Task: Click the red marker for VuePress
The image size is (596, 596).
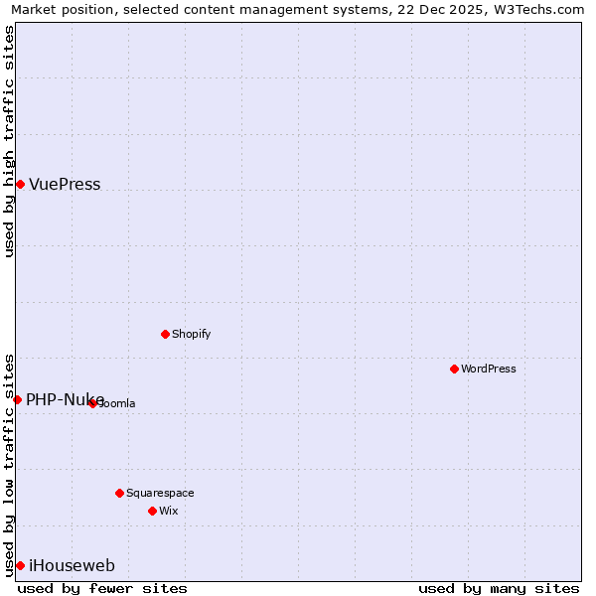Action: (20, 184)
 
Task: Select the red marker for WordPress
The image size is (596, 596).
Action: (454, 369)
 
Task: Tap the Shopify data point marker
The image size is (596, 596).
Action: (165, 334)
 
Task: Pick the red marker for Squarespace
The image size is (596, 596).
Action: (119, 493)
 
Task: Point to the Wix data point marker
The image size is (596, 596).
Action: (152, 511)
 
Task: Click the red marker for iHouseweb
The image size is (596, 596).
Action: (20, 565)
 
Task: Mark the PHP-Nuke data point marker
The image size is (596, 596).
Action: (17, 399)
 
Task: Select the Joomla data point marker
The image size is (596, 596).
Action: (92, 403)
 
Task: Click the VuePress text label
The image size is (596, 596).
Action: (65, 185)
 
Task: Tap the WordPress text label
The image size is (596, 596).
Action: (489, 369)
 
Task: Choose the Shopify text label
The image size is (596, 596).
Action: (192, 334)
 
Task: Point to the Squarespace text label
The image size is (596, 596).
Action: (160, 493)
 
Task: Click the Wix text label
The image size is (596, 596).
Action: (168, 511)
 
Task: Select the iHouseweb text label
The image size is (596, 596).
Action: (72, 566)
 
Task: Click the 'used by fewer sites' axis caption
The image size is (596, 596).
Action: (102, 588)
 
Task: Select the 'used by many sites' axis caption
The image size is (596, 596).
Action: (499, 588)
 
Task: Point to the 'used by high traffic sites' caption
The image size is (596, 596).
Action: (10, 141)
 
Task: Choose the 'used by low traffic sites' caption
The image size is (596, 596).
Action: (10, 464)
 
